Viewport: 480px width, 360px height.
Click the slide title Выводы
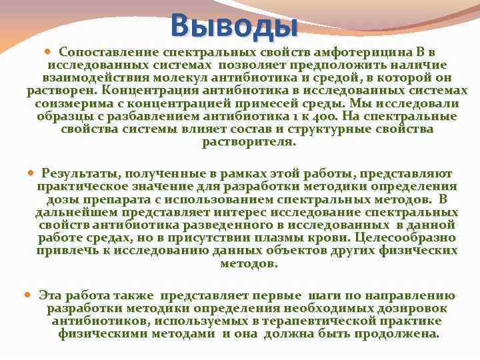click(x=233, y=25)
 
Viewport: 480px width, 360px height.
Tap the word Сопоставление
click(x=101, y=51)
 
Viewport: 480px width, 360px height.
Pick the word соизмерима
click(x=69, y=103)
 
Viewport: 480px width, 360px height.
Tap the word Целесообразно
click(x=405, y=237)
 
